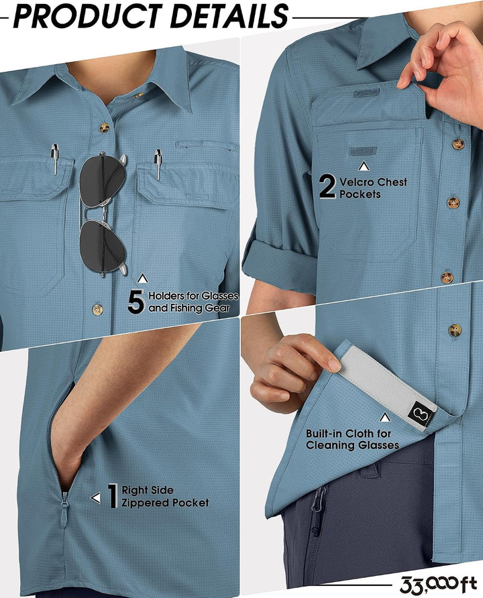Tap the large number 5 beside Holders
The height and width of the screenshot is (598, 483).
(136, 302)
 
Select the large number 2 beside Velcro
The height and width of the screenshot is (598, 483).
(327, 186)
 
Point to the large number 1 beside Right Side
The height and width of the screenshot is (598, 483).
(113, 496)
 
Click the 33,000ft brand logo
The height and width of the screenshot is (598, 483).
(438, 584)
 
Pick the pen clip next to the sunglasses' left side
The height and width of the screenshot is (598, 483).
(55, 159)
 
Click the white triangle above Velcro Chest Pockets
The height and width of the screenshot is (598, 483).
(364, 166)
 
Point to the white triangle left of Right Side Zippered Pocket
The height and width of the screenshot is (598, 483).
(95, 497)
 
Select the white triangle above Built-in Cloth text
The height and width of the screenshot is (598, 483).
(384, 418)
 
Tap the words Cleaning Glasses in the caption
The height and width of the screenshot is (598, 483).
(352, 445)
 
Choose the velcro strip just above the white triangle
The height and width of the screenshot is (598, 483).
(362, 152)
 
